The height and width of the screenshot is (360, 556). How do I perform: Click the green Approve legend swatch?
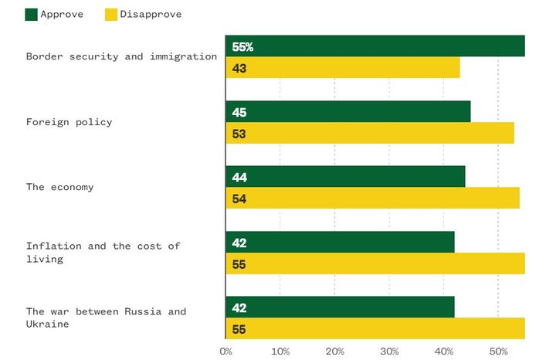tap(31, 15)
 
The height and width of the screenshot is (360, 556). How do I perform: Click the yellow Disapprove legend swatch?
tap(111, 15)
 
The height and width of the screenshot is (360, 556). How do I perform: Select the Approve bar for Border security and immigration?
tap(375, 46)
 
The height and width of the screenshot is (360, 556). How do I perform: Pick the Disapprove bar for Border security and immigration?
tap(343, 68)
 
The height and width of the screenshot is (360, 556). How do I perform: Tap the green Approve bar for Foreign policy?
tap(348, 112)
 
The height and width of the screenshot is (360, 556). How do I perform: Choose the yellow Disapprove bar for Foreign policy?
tap(370, 134)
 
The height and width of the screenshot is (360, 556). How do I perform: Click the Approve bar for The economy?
tap(345, 177)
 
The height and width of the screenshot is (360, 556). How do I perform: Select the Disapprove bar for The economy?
tap(372, 199)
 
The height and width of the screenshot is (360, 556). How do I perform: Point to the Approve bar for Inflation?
tap(340, 242)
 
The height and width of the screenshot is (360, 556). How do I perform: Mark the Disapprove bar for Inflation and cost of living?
tap(375, 263)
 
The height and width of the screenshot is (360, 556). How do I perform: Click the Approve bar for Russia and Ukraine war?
tap(340, 307)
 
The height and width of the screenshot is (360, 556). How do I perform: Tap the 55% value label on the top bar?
tap(242, 47)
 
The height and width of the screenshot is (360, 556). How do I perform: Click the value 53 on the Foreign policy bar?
tap(239, 134)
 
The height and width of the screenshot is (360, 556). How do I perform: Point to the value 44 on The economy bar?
tap(239, 178)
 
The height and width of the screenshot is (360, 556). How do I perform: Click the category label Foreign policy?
tap(69, 122)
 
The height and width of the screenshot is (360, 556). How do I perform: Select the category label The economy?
tap(59, 187)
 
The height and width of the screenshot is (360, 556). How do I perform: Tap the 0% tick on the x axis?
tap(226, 352)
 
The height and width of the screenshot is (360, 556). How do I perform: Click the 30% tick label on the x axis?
tap(389, 352)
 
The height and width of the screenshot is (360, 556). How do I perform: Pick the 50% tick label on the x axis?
tap(498, 352)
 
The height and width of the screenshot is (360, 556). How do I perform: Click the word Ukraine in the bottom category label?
tap(48, 324)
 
